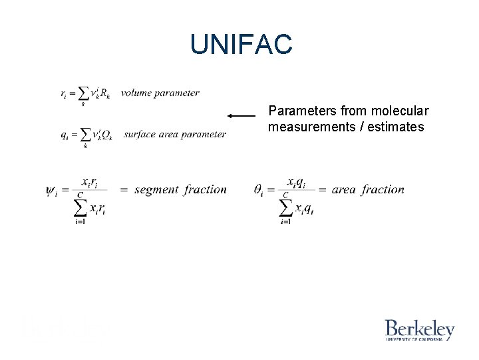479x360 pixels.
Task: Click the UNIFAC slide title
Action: point(241,45)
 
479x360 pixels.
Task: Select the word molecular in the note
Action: point(404,111)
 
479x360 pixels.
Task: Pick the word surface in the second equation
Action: point(140,134)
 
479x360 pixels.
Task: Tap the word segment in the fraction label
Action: point(156,189)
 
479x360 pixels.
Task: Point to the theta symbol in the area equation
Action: point(260,190)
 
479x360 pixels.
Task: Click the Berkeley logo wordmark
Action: point(419,329)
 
